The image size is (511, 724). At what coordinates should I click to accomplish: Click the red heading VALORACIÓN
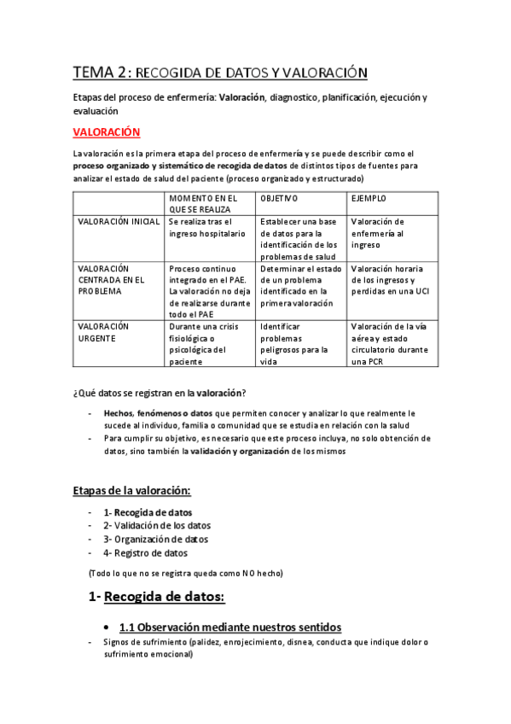click(107, 132)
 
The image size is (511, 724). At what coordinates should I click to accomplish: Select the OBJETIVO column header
click(279, 198)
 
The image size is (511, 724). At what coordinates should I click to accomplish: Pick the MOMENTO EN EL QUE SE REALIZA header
click(202, 204)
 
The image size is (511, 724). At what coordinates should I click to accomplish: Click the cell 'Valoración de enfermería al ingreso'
click(378, 232)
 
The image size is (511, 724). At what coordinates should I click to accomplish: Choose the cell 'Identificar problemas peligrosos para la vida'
click(294, 343)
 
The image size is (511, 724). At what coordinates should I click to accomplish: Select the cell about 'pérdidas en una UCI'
click(383, 279)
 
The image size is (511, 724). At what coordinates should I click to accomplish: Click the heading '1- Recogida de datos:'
click(156, 597)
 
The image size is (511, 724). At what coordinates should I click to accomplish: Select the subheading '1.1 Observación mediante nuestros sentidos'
click(230, 626)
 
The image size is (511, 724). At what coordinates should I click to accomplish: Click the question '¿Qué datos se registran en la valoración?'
click(160, 393)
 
